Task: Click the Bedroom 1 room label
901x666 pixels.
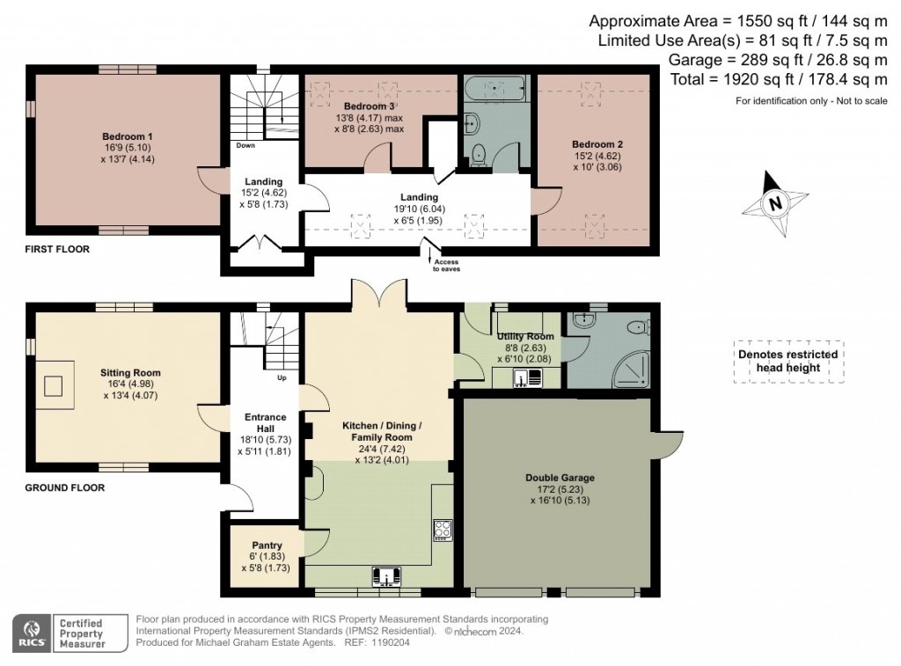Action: click(128, 137)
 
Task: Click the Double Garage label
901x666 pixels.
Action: click(560, 478)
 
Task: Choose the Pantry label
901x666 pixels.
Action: click(266, 545)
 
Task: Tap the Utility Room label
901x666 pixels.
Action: click(525, 337)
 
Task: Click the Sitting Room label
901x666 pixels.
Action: click(130, 373)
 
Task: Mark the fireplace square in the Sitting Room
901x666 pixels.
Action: click(54, 384)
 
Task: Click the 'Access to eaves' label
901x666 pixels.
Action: click(445, 267)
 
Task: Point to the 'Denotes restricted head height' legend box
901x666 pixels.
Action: click(787, 362)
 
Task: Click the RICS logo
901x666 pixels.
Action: click(33, 633)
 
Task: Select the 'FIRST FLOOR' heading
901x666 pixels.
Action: click(57, 250)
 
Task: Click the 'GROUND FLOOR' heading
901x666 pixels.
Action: click(64, 487)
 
